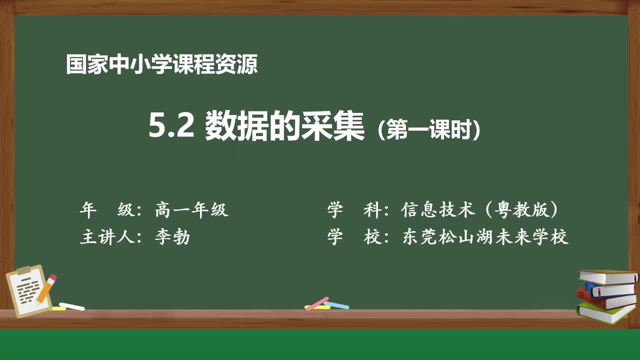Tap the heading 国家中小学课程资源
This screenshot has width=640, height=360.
161,65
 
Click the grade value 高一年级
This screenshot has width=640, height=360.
191,210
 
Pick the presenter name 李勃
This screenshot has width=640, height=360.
172,236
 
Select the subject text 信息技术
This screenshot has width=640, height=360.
438,210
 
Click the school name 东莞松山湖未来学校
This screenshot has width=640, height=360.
485,236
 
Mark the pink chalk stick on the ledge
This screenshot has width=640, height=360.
317,303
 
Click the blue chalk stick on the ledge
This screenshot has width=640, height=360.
336,304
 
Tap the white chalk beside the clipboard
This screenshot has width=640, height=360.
72,306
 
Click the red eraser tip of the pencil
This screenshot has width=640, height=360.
52,277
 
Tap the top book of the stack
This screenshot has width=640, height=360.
607,276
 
